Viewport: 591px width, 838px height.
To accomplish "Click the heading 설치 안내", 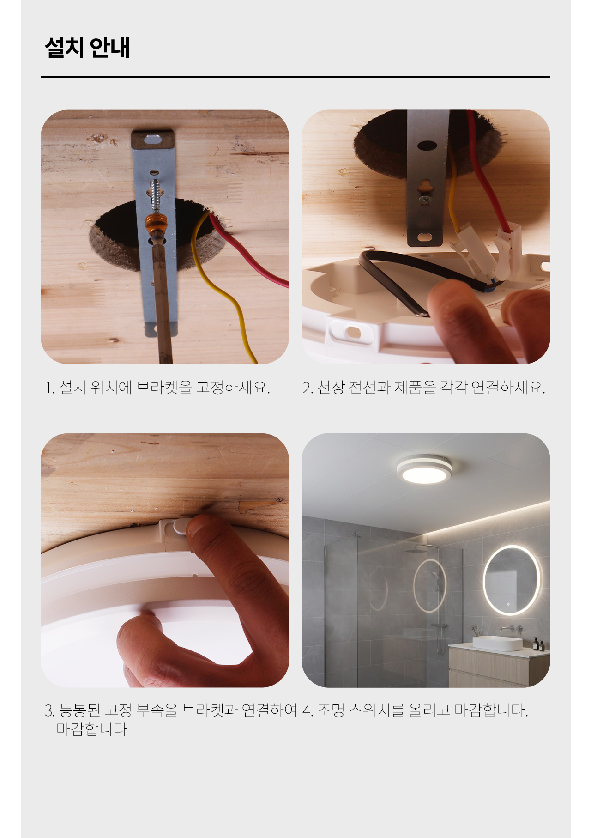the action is click(x=87, y=47).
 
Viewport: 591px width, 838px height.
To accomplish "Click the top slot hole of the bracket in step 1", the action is click(x=153, y=139).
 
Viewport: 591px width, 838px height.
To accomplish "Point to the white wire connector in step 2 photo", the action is click(x=508, y=252).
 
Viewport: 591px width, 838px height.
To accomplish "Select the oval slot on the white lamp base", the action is click(x=353, y=332).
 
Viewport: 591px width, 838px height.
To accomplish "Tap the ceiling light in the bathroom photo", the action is click(x=424, y=470).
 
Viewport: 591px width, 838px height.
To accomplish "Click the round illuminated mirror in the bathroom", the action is click(x=512, y=580).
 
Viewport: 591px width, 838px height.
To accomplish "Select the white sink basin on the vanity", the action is click(x=497, y=643).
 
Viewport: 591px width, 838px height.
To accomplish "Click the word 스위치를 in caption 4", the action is click(x=376, y=710).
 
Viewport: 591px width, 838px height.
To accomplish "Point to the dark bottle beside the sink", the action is click(x=536, y=644).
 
